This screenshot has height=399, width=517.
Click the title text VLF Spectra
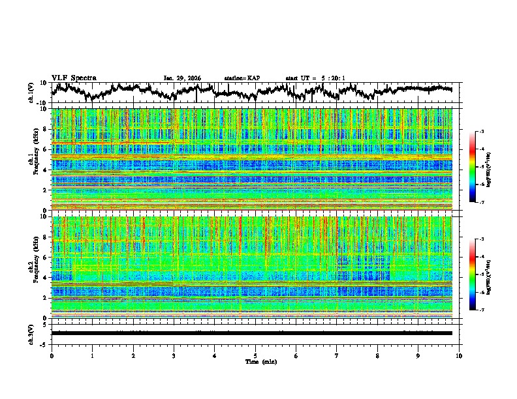[x=74, y=78]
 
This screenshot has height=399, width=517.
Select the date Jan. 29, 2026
[x=182, y=78]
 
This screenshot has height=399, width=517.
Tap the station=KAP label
[x=242, y=78]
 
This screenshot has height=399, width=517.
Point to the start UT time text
[x=315, y=78]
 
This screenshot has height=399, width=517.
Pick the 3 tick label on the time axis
[x=174, y=355]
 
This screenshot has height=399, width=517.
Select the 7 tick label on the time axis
[x=337, y=355]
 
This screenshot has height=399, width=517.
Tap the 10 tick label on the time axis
[x=459, y=355]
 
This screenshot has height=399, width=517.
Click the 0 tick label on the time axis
[x=52, y=355]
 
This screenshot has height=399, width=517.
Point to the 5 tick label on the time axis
[x=255, y=355]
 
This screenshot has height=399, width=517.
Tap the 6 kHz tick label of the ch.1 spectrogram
[x=45, y=150]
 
